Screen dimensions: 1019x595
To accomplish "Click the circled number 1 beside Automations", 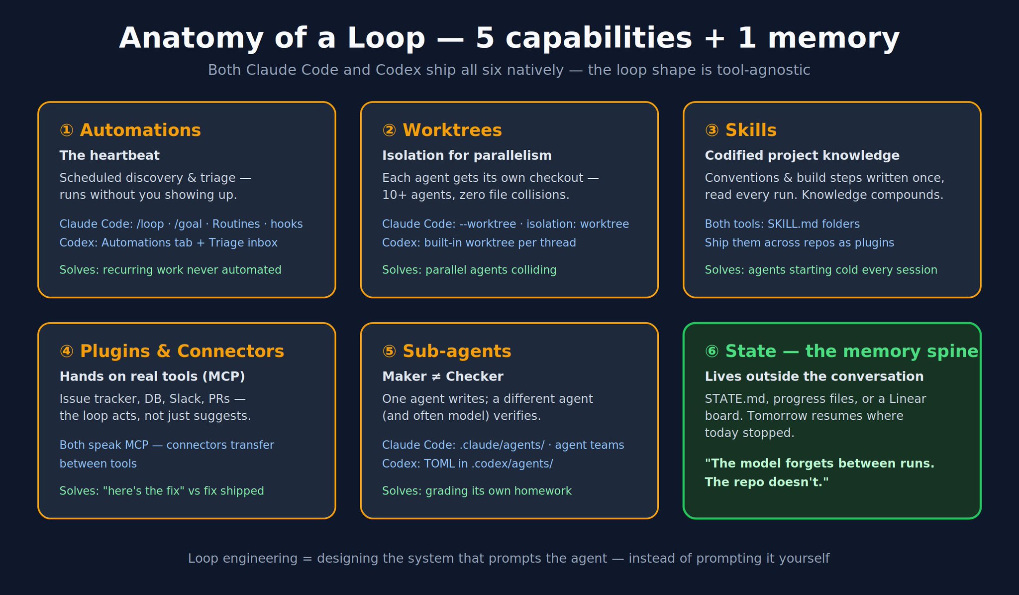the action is (66, 130).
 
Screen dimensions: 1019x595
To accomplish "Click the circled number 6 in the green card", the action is (712, 352).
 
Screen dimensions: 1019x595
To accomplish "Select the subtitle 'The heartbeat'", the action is (109, 156).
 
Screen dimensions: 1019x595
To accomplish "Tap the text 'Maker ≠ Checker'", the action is (443, 377).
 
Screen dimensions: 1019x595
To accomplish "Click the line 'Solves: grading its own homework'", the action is (477, 491).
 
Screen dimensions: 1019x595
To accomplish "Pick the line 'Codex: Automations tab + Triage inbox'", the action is (169, 243).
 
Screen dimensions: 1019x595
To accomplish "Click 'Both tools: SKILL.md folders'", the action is (782, 224).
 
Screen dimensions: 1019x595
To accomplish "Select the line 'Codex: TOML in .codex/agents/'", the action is (468, 464).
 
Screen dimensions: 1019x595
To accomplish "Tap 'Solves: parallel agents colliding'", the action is (469, 270).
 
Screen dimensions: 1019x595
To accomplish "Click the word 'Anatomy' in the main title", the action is (191, 39).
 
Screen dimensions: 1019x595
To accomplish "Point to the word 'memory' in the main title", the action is (834, 39).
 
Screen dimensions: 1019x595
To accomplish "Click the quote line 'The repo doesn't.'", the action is (767, 482).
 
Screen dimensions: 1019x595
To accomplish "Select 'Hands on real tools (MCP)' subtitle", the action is (152, 377).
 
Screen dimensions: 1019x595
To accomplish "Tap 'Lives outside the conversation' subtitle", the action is (814, 377).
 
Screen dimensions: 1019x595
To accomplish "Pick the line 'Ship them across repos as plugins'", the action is (800, 243).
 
